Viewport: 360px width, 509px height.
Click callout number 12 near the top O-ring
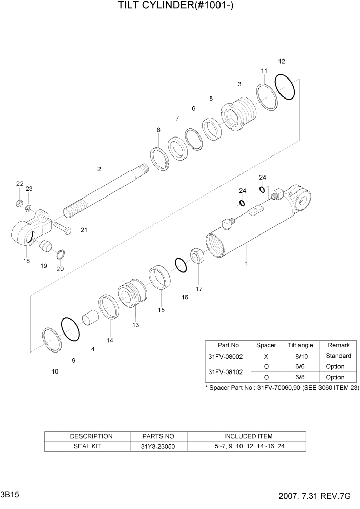[282, 62]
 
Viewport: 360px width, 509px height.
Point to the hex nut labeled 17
[198, 254]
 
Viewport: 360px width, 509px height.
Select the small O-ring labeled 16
[181, 265]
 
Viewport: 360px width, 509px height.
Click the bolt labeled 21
[61, 227]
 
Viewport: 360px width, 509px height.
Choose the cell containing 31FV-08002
[227, 356]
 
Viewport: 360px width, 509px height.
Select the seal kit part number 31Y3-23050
[158, 446]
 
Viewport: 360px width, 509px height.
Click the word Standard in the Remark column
[338, 356]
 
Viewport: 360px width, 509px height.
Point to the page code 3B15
[11, 496]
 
